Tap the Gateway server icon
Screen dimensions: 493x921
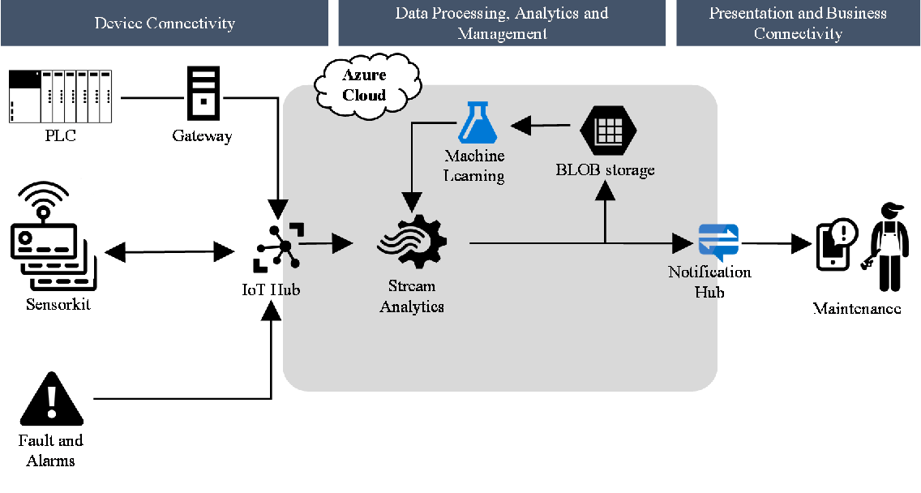(203, 95)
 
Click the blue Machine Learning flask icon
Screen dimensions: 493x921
(476, 122)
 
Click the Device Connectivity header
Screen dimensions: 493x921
(165, 23)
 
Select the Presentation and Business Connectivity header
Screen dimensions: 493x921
(798, 23)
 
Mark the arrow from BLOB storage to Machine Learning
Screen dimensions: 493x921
(542, 126)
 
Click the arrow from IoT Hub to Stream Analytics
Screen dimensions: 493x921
(333, 242)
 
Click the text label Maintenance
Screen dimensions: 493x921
(857, 309)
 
